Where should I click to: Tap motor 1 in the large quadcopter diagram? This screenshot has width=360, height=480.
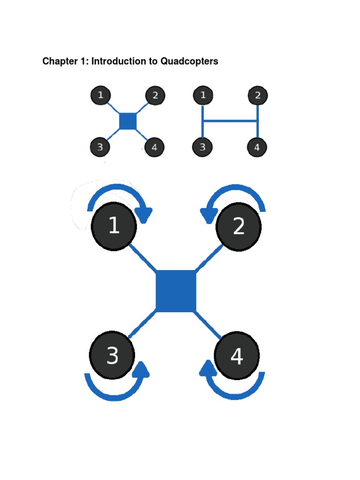point(114,226)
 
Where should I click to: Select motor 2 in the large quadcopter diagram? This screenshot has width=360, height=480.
point(239,227)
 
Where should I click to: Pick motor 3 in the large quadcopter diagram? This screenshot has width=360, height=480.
point(112,356)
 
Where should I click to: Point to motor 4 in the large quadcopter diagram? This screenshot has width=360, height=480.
point(237,356)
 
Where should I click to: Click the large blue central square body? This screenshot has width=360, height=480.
point(176,291)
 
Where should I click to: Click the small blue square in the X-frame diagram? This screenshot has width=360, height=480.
point(127,121)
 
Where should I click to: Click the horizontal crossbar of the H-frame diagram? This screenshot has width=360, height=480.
point(230,121)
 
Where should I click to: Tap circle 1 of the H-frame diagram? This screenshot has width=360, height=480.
point(203,96)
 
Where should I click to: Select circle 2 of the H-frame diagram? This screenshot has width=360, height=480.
point(257,96)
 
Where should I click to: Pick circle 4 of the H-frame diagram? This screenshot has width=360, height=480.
point(257,147)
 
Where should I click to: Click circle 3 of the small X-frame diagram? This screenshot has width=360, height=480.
point(100,147)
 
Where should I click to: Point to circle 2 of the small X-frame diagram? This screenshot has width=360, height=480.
point(155,96)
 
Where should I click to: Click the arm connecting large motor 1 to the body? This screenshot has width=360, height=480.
point(143,258)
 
